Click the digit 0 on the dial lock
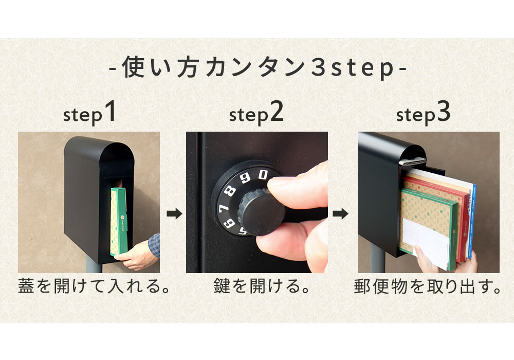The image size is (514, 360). (x=263, y=175)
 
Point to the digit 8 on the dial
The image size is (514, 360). (x=231, y=191)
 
